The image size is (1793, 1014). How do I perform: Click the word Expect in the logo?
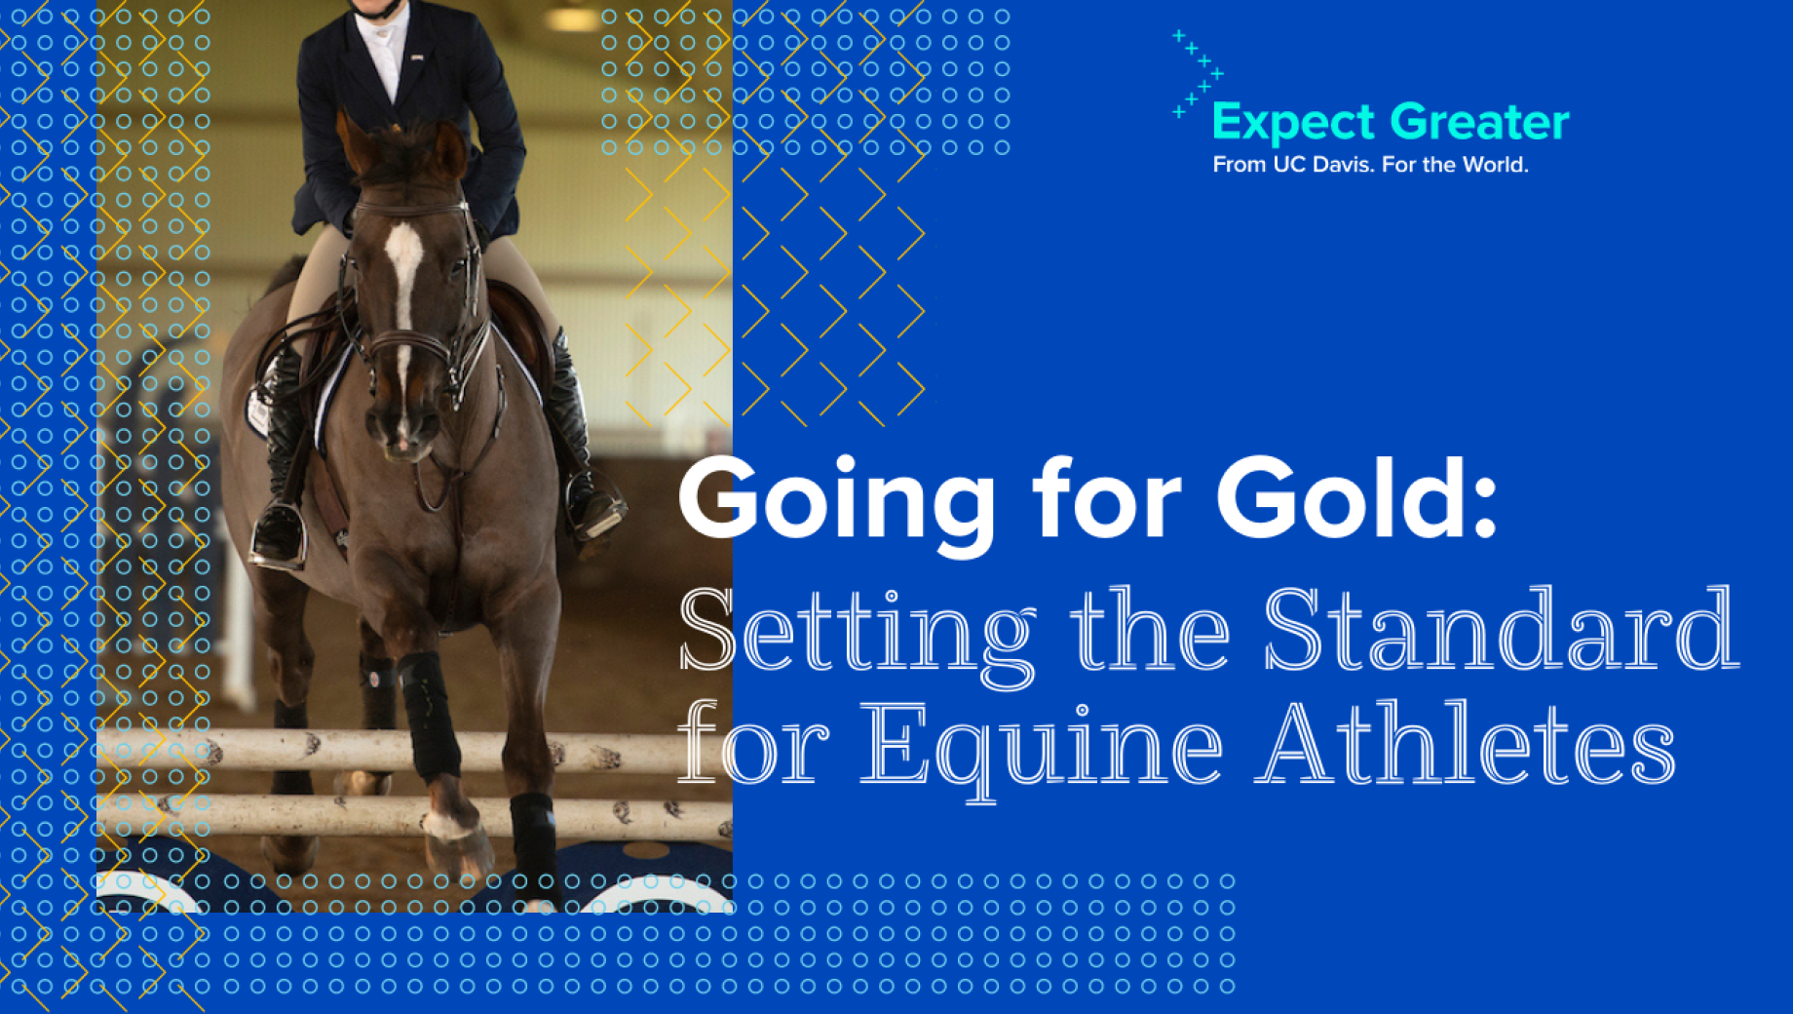[1293, 124]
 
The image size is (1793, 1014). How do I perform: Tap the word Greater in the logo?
[1480, 122]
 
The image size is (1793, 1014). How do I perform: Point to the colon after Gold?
[1485, 506]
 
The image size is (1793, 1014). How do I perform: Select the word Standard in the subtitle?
[1502, 629]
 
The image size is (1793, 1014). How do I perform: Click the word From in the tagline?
[1239, 165]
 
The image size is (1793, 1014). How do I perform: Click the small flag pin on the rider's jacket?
[416, 58]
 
